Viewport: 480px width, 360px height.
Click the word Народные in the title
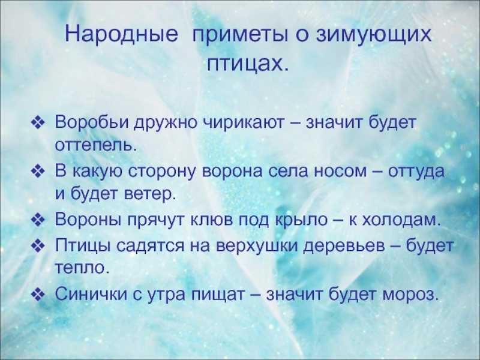[x=121, y=34]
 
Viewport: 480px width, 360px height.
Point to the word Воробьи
[x=92, y=122]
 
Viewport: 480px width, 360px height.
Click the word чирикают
[x=244, y=123]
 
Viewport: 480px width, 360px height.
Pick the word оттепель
[x=95, y=146]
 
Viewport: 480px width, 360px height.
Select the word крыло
[x=301, y=220]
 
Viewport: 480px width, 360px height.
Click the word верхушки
[x=257, y=246]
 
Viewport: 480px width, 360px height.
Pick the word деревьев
[x=344, y=247]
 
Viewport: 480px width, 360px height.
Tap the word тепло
[x=82, y=268]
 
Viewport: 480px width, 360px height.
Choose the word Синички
[x=91, y=294]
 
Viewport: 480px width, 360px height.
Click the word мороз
[x=409, y=295]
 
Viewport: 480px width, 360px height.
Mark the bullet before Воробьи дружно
[x=38, y=123]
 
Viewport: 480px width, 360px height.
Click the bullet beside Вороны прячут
[x=38, y=220]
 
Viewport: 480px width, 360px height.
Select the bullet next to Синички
[x=38, y=295]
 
